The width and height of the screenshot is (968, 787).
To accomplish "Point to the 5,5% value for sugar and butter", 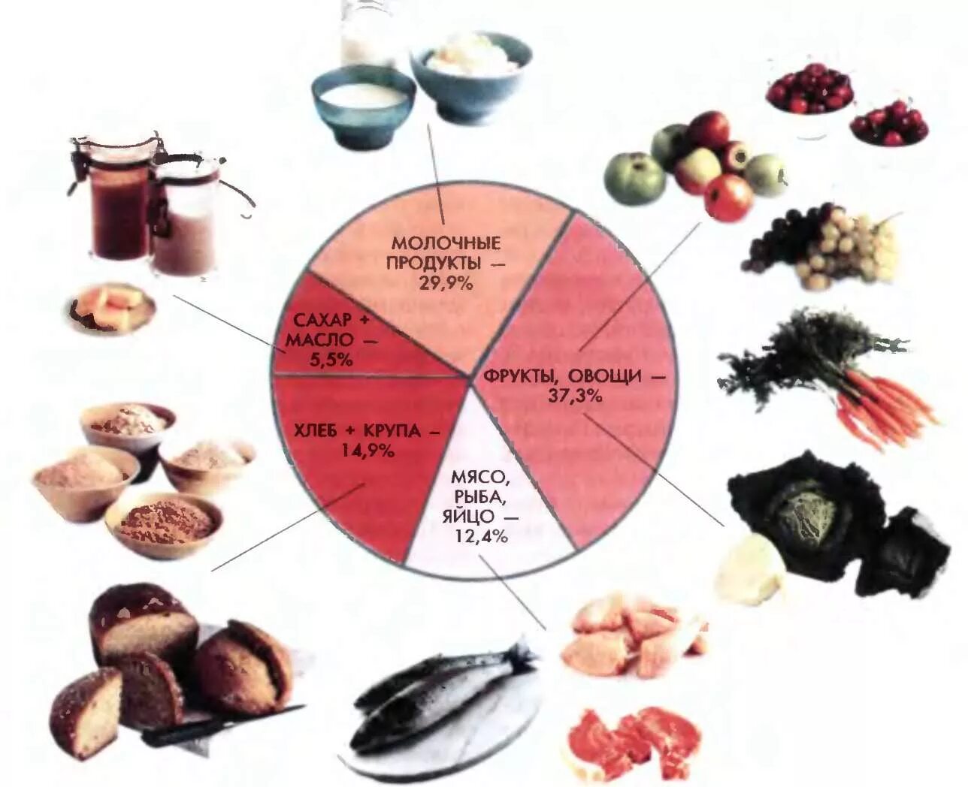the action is point(331,359).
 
